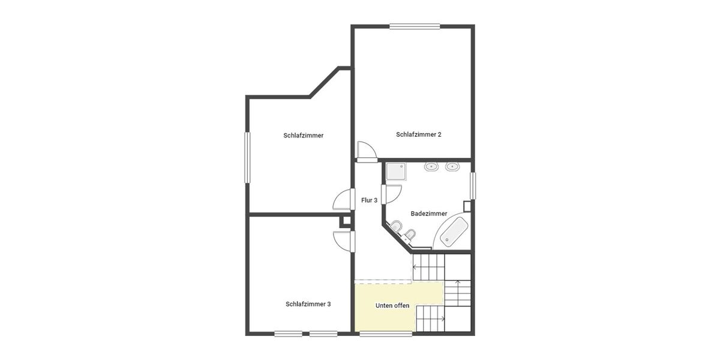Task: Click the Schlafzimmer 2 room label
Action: pos(418,134)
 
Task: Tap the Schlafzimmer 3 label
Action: pos(308,304)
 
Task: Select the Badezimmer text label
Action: pos(428,214)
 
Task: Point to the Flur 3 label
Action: pos(369,200)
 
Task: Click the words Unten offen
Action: pos(392,306)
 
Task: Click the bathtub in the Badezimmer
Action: pos(454,232)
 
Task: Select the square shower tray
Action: pos(396,172)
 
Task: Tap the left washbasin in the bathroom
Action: pos(431,166)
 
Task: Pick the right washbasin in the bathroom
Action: pos(452,166)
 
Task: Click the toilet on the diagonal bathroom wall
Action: pos(396,227)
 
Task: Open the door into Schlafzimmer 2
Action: pos(365,151)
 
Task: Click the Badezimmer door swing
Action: pos(393,195)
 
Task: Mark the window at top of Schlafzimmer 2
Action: pos(415,26)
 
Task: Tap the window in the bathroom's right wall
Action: pos(472,186)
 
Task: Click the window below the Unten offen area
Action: pos(386,334)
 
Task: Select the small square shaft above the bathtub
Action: pos(467,205)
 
